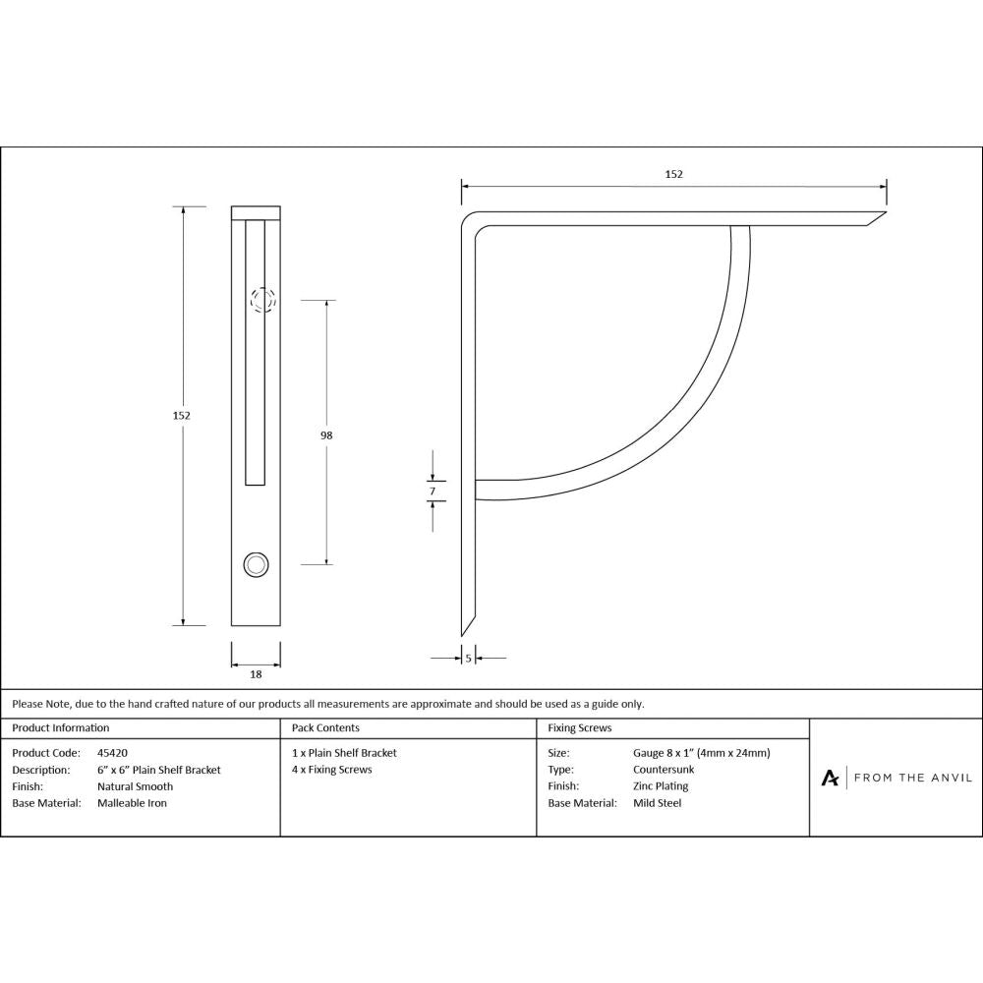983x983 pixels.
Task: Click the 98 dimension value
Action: pos(326,434)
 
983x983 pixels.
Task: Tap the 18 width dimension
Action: pos(256,674)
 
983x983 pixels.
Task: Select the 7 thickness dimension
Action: pos(432,490)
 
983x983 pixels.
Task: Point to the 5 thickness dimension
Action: pos(468,658)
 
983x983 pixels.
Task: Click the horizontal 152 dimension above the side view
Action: pos(673,174)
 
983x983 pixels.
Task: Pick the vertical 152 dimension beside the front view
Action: pos(181,415)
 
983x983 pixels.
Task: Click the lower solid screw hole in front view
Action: pos(256,563)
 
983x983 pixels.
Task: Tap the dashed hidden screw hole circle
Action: pos(262,300)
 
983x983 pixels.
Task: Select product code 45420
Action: pos(112,753)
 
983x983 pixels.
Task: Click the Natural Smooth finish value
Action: pos(135,786)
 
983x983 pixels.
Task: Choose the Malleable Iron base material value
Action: pos(132,803)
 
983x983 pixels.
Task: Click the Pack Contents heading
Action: pos(325,728)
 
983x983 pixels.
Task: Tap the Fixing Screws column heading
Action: pos(579,728)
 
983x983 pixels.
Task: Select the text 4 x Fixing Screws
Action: pos(332,770)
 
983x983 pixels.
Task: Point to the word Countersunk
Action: pos(664,770)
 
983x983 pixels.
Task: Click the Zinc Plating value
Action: pos(661,786)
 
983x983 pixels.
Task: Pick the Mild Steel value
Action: pos(657,803)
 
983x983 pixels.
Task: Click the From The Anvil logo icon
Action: pos(830,778)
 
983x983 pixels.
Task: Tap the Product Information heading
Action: pos(61,728)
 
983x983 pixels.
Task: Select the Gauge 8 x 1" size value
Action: pos(701,753)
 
